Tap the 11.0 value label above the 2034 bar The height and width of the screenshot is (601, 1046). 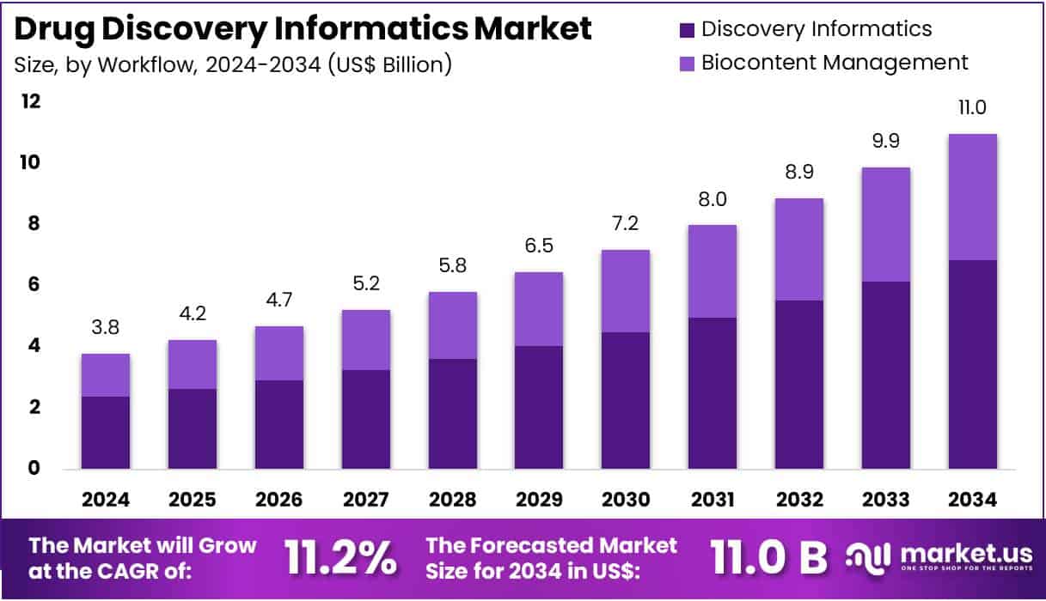click(972, 107)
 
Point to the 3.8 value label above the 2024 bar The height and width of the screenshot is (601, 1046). click(106, 327)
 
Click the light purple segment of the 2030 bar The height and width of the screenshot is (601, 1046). click(626, 291)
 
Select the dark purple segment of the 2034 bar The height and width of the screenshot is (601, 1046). click(972, 364)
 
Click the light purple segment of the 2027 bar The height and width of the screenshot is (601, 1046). click(366, 340)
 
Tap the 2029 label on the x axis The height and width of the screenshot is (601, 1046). click(539, 500)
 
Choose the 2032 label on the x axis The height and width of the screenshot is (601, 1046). click(798, 500)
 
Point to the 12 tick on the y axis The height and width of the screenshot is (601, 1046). click(31, 101)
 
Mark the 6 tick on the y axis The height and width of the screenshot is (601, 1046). click(35, 284)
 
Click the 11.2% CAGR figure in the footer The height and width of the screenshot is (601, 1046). click(341, 559)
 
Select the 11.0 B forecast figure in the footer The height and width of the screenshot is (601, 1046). click(768, 559)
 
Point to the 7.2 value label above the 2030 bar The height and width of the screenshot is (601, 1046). click(626, 223)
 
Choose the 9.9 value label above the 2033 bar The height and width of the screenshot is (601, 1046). click(885, 141)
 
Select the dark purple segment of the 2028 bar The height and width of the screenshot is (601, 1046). click(452, 414)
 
